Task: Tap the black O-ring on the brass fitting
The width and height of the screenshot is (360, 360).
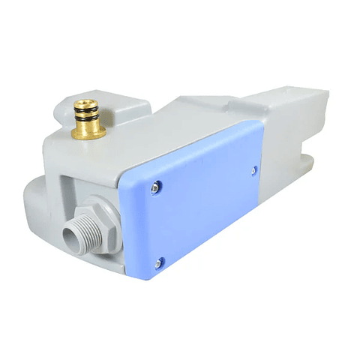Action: [x=88, y=115]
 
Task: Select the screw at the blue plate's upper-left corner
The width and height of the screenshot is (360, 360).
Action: [x=155, y=187]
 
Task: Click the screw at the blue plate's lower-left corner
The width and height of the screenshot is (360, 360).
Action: [x=157, y=262]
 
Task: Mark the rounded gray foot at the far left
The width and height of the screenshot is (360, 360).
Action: [x=37, y=202]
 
